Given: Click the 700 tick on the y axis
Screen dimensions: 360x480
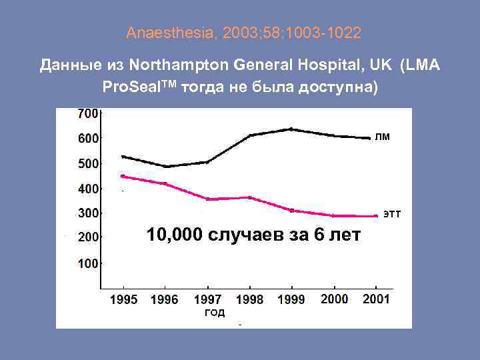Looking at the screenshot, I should click(88, 113).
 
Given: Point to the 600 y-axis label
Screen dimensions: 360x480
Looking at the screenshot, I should click(88, 138).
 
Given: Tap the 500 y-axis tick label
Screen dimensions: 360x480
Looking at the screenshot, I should click(88, 163).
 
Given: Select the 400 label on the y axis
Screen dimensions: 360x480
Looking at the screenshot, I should click(88, 189).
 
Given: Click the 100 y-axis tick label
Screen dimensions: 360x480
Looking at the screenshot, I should click(88, 263).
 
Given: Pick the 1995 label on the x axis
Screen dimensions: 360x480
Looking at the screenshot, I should click(124, 300).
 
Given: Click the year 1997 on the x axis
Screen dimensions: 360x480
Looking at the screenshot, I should click(208, 300).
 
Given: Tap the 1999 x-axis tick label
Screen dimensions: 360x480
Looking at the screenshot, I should click(291, 300).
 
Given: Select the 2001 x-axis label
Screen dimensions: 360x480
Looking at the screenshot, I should click(376, 299).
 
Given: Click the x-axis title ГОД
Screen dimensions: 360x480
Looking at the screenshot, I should click(214, 313).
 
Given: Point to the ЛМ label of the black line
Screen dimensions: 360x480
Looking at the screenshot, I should click(382, 137).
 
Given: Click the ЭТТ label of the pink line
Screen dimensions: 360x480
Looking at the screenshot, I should click(392, 214).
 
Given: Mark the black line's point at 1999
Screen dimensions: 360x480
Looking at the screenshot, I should click(291, 129).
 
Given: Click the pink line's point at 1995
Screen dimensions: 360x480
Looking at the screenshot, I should click(123, 176).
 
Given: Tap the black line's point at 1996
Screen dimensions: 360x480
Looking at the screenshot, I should click(166, 166).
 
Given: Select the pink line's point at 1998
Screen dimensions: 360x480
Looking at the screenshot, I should click(249, 197).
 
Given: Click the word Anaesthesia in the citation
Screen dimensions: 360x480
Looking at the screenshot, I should click(157, 32).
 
